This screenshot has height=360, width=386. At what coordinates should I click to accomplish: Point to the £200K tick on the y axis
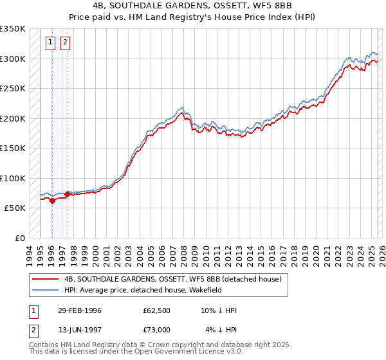(13, 118)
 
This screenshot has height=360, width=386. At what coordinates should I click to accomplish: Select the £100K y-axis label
(13, 178)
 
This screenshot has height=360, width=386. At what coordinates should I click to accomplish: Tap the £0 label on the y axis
(19, 238)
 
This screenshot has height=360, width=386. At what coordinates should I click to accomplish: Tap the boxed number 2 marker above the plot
(66, 43)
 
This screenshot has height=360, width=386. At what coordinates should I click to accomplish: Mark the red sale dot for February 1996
(52, 201)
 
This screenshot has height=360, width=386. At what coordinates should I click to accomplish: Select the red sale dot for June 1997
(67, 194)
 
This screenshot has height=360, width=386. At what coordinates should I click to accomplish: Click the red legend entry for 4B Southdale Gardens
(172, 280)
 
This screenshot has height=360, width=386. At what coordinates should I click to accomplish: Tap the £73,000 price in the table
(157, 329)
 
